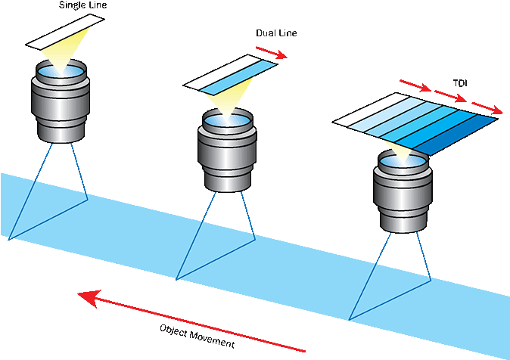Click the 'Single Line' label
tap(83, 5)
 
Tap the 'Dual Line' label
tap(276, 33)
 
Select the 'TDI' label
tap(460, 83)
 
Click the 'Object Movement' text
tap(197, 337)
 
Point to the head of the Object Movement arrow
tap(78, 293)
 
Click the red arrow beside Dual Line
tap(272, 53)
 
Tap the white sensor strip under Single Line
tap(65, 32)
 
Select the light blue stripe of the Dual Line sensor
tap(238, 78)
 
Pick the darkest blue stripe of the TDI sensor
tap(456, 135)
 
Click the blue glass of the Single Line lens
tap(61, 71)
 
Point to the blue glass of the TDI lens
tap(403, 161)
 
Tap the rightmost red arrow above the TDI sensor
tap(487, 107)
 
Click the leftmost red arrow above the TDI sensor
tap(415, 85)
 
